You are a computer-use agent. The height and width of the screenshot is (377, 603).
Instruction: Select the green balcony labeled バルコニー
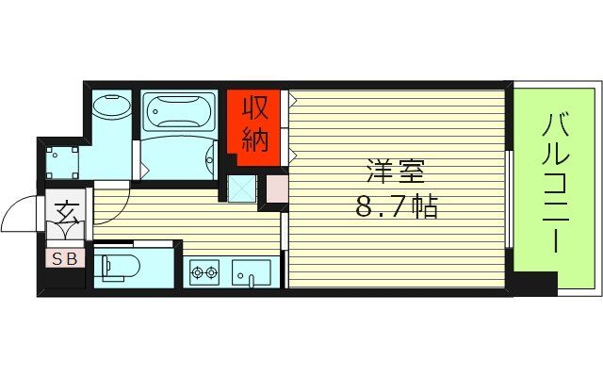(x=554, y=187)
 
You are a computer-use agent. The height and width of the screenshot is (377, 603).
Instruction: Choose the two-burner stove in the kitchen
(x=204, y=274)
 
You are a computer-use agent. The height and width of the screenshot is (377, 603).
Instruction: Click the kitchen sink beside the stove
(x=252, y=272)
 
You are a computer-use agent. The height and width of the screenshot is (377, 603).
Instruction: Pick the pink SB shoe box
(x=65, y=256)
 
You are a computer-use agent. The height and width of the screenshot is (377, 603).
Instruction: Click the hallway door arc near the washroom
(x=110, y=185)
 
